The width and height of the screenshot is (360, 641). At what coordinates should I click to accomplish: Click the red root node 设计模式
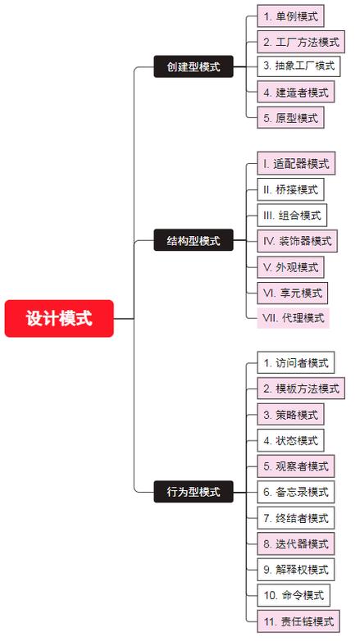coord(59,319)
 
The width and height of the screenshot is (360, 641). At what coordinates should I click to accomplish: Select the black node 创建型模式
coord(194,66)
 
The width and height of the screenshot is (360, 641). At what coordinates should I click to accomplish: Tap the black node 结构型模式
coord(194,240)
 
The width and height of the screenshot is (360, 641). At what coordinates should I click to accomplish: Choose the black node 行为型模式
coord(194,491)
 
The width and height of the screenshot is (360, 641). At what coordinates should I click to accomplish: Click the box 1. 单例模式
coord(290,16)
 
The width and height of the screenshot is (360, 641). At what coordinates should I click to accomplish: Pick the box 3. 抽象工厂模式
coord(298,66)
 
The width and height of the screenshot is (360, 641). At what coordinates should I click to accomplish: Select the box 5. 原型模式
coord(290,118)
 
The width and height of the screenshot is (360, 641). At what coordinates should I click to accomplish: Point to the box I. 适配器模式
coord(296,163)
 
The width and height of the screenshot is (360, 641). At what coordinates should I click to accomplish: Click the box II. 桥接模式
coord(290,189)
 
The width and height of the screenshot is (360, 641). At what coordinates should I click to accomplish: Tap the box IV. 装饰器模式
coord(297,241)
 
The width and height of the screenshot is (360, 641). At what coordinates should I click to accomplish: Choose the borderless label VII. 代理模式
coord(293,318)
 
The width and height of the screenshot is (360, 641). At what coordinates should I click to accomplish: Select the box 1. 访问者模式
coord(296,362)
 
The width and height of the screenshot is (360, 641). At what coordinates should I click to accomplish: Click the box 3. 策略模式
coord(290,415)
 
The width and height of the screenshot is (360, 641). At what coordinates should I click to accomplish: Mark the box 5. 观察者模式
coord(296,466)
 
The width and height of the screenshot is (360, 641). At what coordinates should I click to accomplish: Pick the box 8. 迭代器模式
coord(296,543)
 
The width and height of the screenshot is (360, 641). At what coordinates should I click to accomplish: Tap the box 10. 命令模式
coord(294,595)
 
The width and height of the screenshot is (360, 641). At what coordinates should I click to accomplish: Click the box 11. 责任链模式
coord(298,621)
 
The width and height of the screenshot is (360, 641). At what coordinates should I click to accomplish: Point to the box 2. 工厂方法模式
coord(301,42)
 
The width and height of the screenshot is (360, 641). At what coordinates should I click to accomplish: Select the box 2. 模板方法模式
coord(301,389)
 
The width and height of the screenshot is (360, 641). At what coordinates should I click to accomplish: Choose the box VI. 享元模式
coord(292,293)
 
